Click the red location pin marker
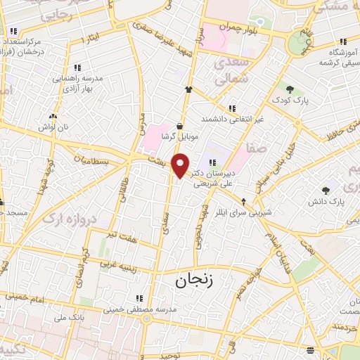181,166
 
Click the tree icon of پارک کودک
289,89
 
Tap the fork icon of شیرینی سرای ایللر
244,200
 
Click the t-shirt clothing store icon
188,89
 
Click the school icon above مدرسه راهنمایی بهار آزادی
77,68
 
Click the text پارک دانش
324,202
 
